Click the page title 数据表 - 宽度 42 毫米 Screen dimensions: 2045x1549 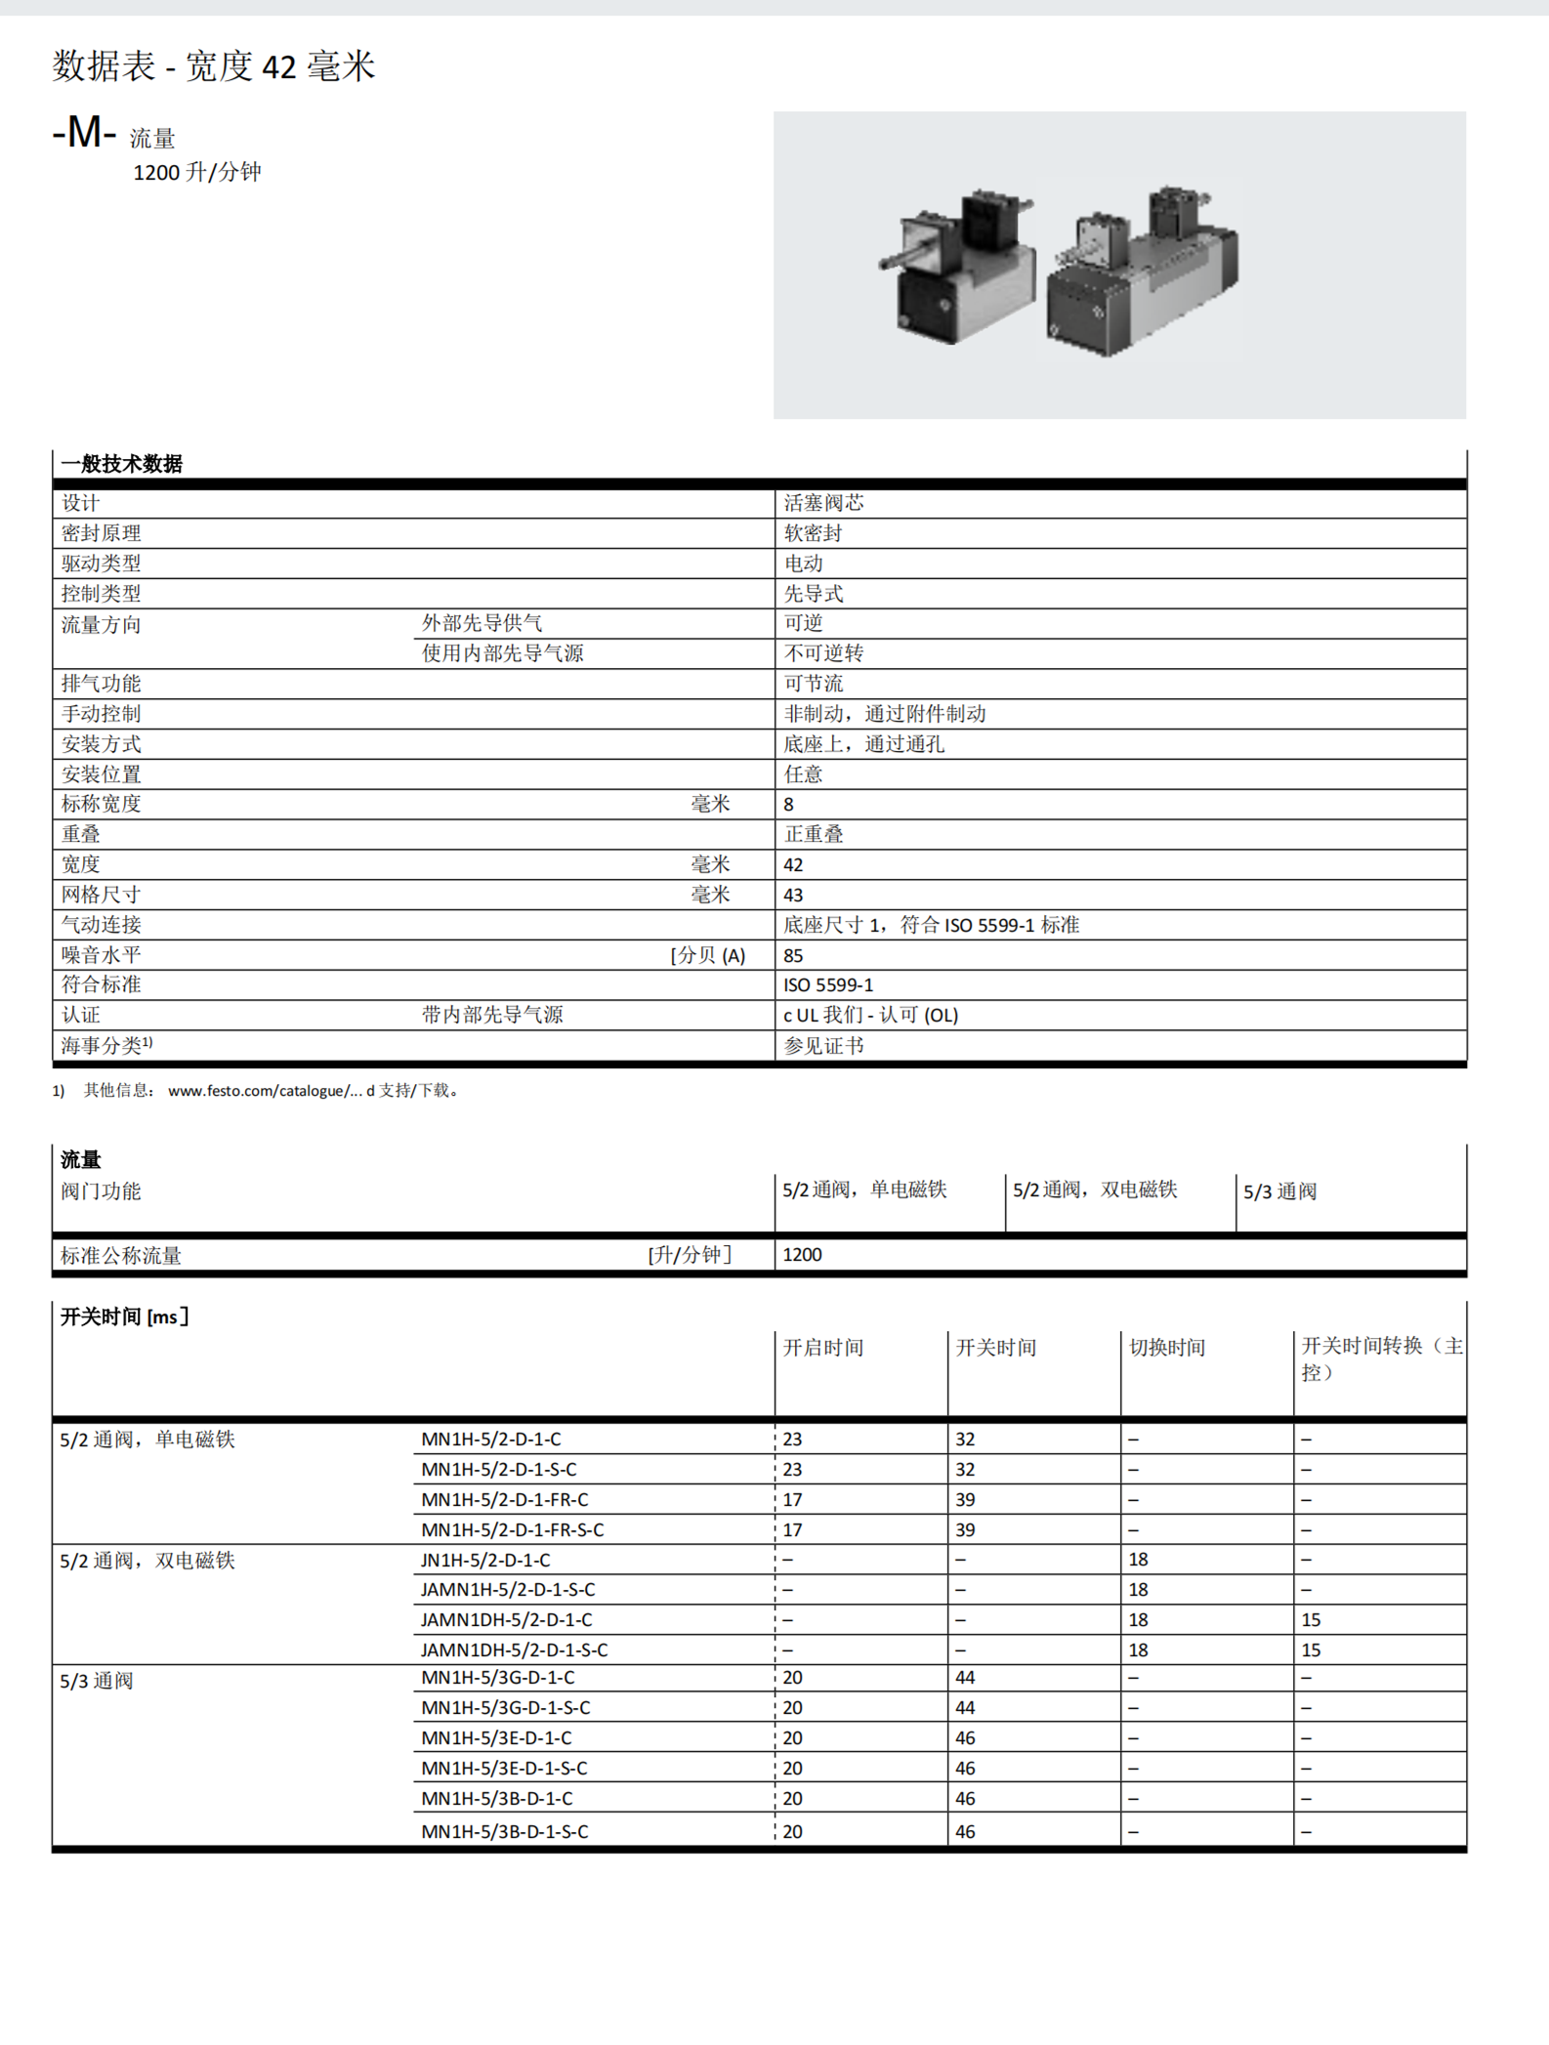click(213, 66)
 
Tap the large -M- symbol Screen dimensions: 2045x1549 click(84, 133)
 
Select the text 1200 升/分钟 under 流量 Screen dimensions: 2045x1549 click(196, 173)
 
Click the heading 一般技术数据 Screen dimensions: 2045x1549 click(121, 464)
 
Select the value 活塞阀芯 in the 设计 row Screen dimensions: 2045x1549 click(823, 503)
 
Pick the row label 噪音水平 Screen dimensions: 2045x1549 click(102, 955)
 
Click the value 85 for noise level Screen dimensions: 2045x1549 click(793, 956)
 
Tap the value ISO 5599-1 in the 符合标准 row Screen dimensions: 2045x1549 click(828, 985)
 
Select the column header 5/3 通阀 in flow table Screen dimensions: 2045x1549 click(1279, 1191)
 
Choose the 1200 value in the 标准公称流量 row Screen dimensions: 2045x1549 click(802, 1255)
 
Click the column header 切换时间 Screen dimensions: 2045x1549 click(1167, 1348)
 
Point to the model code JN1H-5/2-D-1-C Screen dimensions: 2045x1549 click(485, 1561)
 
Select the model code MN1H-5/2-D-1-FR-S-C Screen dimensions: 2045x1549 click(512, 1530)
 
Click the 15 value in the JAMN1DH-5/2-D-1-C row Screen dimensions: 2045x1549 click(1311, 1620)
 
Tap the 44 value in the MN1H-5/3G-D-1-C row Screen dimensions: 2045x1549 click(965, 1678)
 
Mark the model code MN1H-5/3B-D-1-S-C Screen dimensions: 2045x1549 click(504, 1832)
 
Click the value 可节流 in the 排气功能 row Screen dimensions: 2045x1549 click(813, 684)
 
